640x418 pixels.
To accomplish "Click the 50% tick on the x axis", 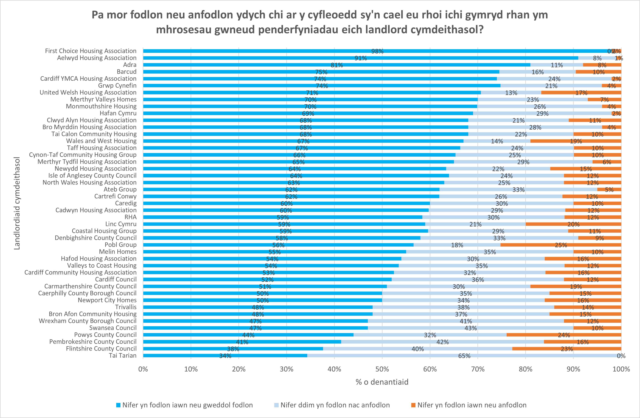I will [x=382, y=369].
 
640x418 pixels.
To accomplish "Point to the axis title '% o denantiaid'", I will [x=382, y=382].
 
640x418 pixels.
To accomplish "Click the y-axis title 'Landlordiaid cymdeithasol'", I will [x=17, y=203].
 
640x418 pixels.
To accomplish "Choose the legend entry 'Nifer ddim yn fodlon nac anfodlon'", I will [x=335, y=405].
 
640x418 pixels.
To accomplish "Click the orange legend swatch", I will [x=413, y=405].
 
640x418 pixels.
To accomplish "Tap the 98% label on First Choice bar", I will [x=377, y=51].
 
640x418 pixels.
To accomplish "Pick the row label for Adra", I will [x=130, y=65].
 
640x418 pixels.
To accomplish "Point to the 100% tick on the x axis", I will [x=621, y=369].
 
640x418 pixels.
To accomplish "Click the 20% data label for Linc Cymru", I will [x=573, y=224].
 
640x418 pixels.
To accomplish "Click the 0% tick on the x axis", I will [x=143, y=369].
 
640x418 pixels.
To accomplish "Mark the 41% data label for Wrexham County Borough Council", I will [x=466, y=321].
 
